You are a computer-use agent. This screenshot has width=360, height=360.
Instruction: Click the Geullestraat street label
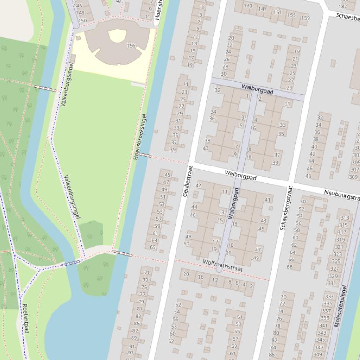pyautogui.click(x=185, y=181)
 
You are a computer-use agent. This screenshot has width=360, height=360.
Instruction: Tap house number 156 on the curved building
pyautogui.click(x=131, y=46)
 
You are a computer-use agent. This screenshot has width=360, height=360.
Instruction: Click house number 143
pyautogui.click(x=248, y=6)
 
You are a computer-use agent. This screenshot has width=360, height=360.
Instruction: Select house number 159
pyautogui.click(x=305, y=18)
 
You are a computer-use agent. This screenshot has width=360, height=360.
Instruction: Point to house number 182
pyautogui.click(x=343, y=7)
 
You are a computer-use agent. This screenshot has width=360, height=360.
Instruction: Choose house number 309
pyautogui.click(x=353, y=177)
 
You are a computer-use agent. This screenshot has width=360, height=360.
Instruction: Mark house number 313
pyautogui.click(x=345, y=218)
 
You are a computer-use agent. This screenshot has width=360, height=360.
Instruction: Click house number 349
pyautogui.click(x=318, y=354)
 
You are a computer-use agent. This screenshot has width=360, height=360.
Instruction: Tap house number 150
pyautogui.click(x=82, y=20)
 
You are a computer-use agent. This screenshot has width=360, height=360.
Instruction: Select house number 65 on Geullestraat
pyautogui.click(x=153, y=247)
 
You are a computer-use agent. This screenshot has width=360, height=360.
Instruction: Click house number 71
pyautogui.click(x=147, y=273)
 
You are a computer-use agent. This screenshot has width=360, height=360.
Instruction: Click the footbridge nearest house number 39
pyautogui.click(x=145, y=155)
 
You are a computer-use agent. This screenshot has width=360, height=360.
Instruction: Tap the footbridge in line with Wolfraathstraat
pyautogui.click(x=122, y=253)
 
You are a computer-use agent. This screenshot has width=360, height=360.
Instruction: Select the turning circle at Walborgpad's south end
pyautogui.click(x=219, y=269)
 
